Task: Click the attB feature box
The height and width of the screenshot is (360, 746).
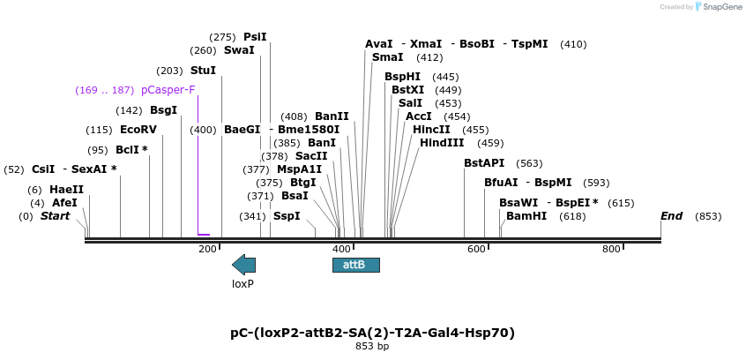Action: click(x=355, y=265)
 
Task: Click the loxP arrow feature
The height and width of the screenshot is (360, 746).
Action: click(x=243, y=264)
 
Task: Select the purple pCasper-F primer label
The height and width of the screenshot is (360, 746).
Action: click(x=168, y=90)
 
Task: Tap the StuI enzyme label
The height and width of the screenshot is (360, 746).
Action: click(x=203, y=71)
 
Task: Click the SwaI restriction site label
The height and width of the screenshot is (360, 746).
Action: click(x=239, y=50)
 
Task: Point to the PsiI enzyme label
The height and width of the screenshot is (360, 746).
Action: click(x=255, y=37)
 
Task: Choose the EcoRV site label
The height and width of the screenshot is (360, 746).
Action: click(x=138, y=130)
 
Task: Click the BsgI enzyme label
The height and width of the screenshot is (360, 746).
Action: click(x=163, y=110)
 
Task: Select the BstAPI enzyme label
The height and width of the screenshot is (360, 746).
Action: click(x=484, y=163)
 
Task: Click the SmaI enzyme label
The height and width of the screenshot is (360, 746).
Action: click(x=387, y=57)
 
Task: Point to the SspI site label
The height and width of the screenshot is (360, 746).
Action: click(x=287, y=216)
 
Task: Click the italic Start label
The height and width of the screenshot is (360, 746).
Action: click(x=55, y=216)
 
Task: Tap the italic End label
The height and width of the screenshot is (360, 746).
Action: click(x=672, y=216)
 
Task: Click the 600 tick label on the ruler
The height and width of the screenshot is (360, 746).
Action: click(x=476, y=250)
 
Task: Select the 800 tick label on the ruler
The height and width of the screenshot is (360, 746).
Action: click(x=611, y=250)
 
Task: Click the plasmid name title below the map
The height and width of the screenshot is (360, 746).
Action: click(x=372, y=333)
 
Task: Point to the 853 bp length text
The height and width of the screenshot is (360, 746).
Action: click(x=372, y=347)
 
